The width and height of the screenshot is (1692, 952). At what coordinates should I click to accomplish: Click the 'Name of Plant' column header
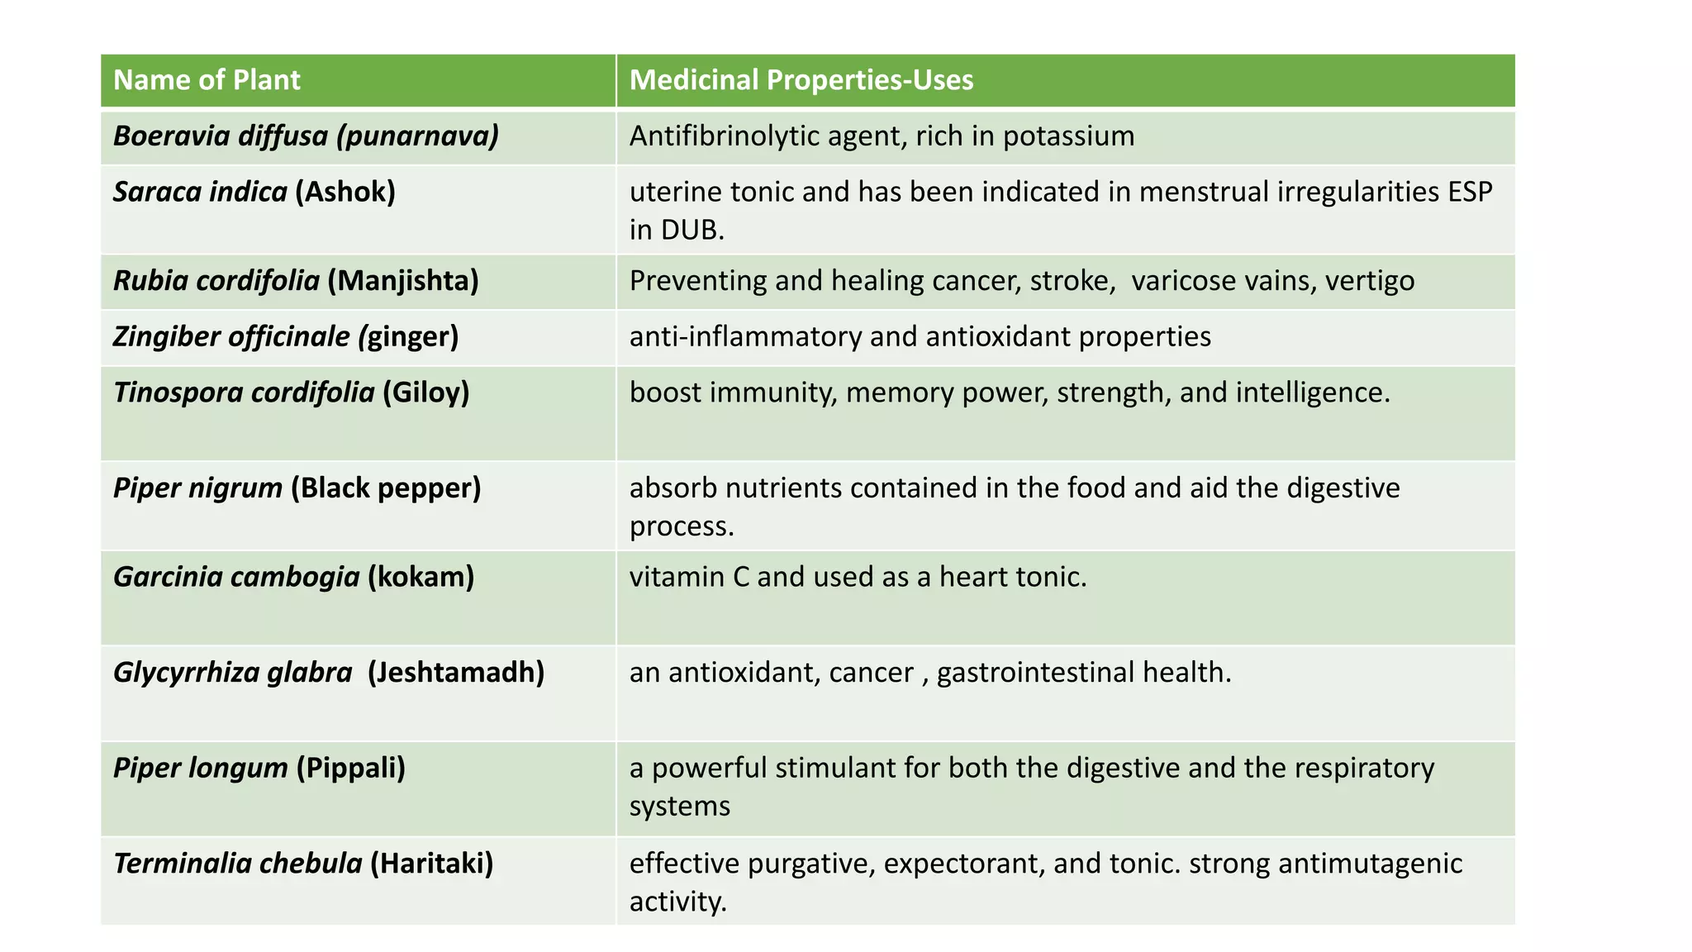click(207, 80)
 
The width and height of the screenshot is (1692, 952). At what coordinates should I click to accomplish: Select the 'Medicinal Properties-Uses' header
click(801, 80)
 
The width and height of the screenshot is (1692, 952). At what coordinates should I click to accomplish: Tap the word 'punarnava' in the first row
click(418, 136)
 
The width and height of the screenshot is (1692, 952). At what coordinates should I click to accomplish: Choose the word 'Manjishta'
click(403, 281)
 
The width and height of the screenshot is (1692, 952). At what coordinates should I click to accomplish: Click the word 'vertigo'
click(1370, 281)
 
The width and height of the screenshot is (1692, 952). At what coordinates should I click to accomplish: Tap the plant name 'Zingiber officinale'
click(231, 337)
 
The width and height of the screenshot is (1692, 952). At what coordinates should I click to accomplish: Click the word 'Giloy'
click(425, 393)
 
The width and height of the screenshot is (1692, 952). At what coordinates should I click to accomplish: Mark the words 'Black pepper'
click(386, 488)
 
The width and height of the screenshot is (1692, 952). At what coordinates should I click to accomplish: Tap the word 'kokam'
click(421, 577)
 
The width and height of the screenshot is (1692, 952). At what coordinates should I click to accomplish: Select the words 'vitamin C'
click(689, 577)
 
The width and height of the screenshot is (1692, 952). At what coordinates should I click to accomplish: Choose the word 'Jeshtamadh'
click(456, 673)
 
